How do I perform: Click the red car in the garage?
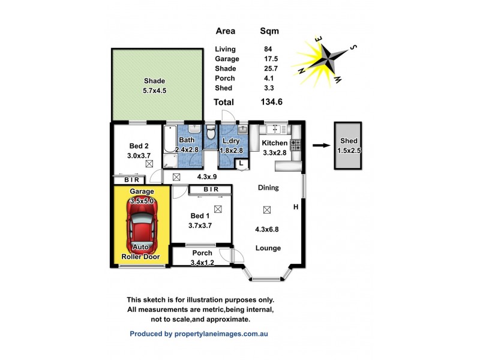coord(142,225)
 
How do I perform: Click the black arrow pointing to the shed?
coord(320,145)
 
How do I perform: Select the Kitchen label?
coord(274,143)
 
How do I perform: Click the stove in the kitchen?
coord(295,144)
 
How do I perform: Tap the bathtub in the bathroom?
coord(170,148)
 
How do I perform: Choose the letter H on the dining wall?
coord(296,208)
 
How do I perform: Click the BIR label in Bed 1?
coord(210,190)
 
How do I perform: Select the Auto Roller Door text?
coord(142,251)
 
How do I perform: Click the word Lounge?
coord(268,248)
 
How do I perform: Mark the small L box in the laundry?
coord(241,163)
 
